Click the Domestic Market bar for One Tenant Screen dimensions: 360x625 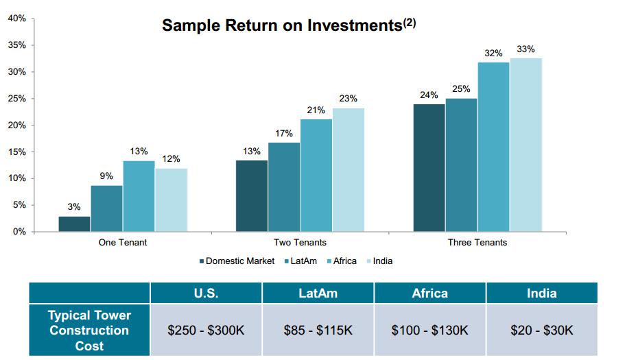pos(74,224)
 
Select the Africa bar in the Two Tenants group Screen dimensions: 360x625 pos(316,176)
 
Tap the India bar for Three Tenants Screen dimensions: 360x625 pos(526,145)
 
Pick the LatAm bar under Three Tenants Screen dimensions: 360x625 pos(461,165)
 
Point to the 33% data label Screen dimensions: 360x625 pos(526,49)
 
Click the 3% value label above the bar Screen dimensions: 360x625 pos(74,207)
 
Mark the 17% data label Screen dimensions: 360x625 pos(284,133)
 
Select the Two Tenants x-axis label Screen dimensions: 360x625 pos(300,243)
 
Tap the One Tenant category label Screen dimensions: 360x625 pos(123,243)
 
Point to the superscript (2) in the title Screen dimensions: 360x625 pos(410,22)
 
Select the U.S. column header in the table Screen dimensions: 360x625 pos(206,293)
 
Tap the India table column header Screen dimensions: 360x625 pos(541,293)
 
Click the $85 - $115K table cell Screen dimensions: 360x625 pos(318,331)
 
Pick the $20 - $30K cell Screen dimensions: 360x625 pos(541,331)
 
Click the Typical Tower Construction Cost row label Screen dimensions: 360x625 pos(89,331)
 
